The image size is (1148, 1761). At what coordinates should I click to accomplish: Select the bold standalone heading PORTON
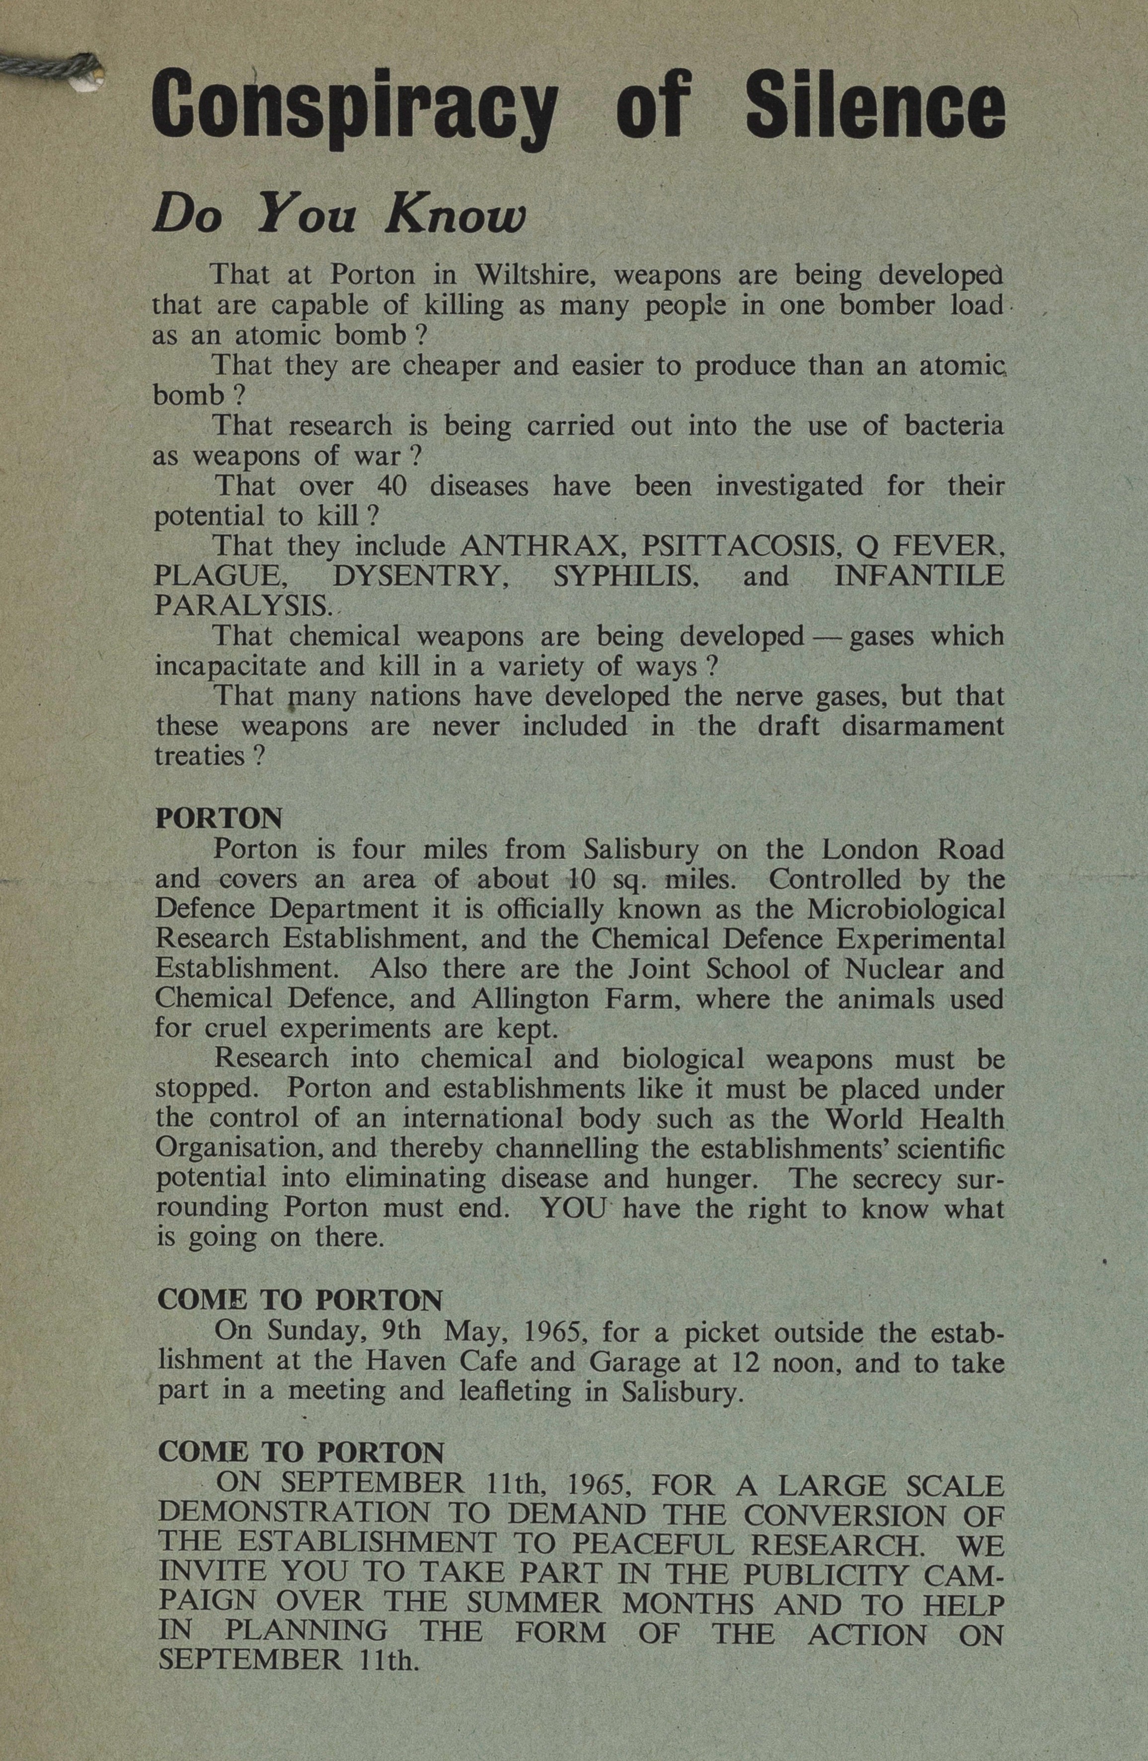[x=219, y=818]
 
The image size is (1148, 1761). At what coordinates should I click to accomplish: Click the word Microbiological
[x=905, y=908]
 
